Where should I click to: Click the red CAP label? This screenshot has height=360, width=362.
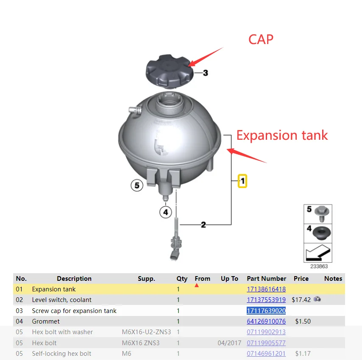[x=261, y=39]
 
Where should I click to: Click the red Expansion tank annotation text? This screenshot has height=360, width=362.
[x=282, y=136]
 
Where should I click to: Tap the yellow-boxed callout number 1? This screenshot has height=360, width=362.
[x=242, y=181]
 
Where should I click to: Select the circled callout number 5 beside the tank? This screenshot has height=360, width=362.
[x=137, y=186]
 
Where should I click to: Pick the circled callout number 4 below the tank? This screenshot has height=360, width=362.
[x=166, y=212]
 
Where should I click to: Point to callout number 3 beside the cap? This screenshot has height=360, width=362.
[x=206, y=73]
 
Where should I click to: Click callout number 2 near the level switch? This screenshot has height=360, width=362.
[x=203, y=224]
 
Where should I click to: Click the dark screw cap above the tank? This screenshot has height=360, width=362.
[x=170, y=71]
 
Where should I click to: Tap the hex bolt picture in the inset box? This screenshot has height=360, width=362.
[x=322, y=213]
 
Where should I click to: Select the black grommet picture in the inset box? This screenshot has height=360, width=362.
[x=322, y=233]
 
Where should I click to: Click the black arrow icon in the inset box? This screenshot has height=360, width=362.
[x=318, y=253]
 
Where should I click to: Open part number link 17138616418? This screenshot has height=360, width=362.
[x=266, y=289]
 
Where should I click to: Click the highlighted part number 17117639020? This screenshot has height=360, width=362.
[x=266, y=310]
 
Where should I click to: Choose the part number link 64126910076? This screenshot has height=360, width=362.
[x=266, y=321]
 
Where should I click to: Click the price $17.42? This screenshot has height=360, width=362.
[x=301, y=300]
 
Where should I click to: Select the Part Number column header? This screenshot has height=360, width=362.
[x=267, y=279]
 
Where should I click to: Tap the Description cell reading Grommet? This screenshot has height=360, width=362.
[x=46, y=321]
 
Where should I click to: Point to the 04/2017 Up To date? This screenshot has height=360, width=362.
[x=229, y=343]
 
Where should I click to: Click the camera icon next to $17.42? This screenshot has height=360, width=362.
[x=317, y=299]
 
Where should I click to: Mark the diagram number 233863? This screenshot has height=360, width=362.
[x=319, y=266]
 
